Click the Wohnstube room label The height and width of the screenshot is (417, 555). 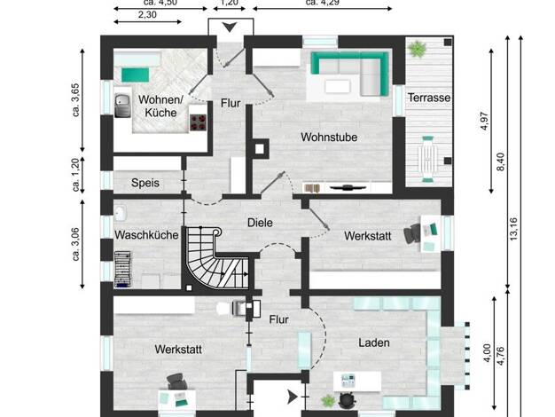point(329,138)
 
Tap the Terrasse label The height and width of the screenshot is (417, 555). point(429,98)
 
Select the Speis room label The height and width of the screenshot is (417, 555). point(145,183)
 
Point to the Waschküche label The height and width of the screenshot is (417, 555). point(146,235)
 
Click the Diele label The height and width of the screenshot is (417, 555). point(260,223)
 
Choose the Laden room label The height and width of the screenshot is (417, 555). point(374,342)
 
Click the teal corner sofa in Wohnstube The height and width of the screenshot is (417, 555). point(349,74)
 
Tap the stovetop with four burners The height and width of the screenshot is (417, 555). point(199,122)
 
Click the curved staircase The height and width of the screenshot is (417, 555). point(216,257)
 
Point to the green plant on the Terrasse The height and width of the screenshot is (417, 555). point(418,49)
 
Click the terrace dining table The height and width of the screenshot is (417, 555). point(427,160)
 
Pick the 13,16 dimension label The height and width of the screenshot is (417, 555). point(513,229)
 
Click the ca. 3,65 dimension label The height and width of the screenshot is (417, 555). point(75,100)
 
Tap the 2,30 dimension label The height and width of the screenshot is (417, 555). point(147,15)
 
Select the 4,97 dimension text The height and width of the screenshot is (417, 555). point(484,122)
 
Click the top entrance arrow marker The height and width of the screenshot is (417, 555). point(230,27)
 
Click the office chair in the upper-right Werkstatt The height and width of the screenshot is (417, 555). point(411,234)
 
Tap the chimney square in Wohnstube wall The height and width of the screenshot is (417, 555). point(260,149)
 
